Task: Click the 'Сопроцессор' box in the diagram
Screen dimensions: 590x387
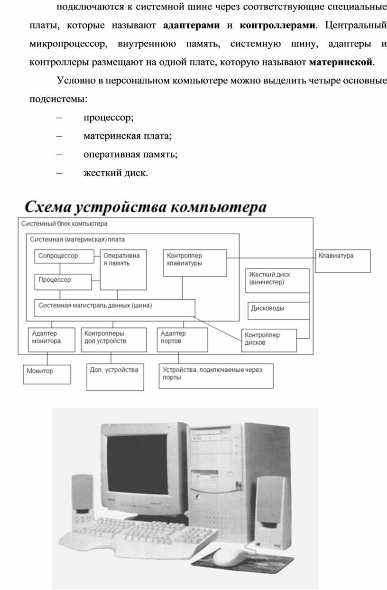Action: pos(63,256)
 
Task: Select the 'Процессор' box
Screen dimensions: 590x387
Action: pos(63,281)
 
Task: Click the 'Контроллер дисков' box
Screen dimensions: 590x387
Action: pos(269,340)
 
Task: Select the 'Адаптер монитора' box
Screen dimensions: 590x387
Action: pos(51,339)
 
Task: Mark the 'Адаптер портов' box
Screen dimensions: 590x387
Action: pos(182,339)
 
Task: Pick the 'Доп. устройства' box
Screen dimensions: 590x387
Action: pos(115,377)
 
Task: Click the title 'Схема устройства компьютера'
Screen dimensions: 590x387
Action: pos(145,207)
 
